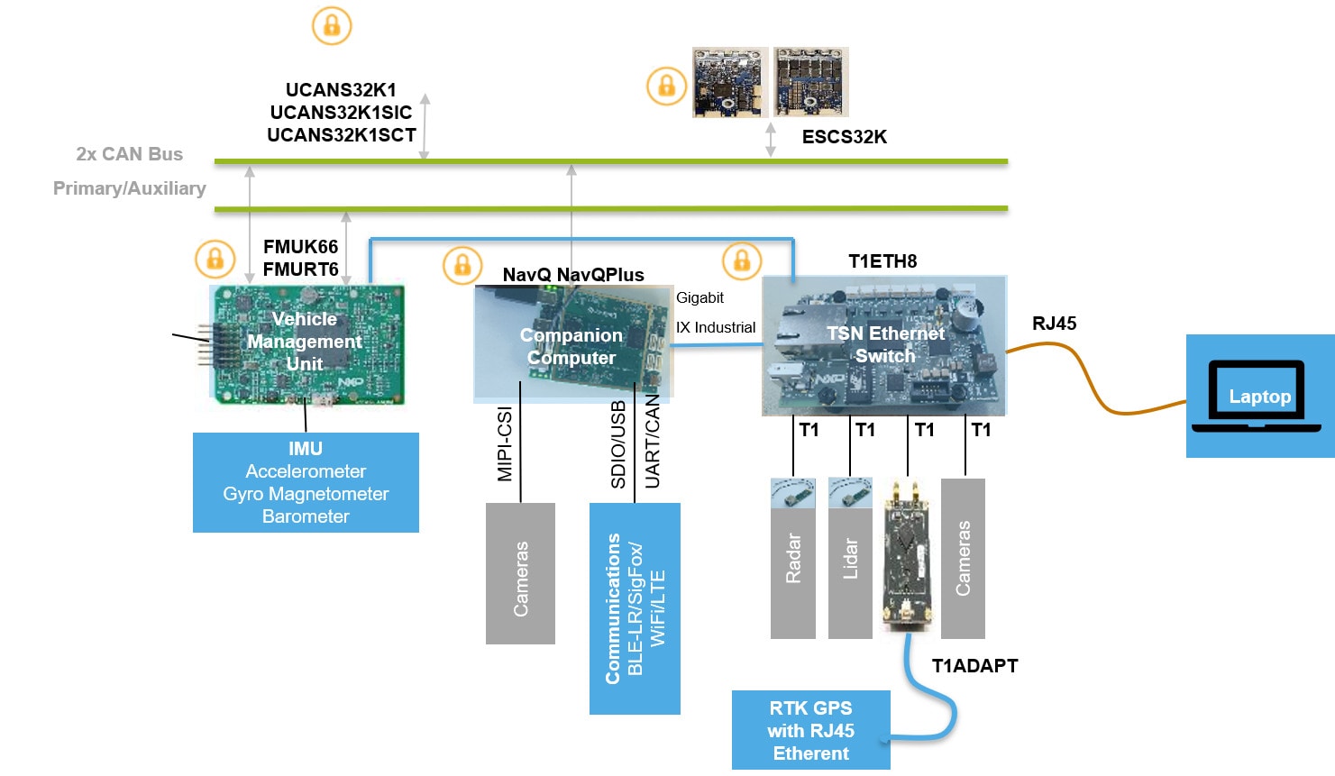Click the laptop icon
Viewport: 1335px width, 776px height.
click(1259, 397)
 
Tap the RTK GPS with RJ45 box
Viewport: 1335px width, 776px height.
click(810, 730)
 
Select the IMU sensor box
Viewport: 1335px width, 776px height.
click(306, 482)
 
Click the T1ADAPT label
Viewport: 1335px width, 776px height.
click(974, 666)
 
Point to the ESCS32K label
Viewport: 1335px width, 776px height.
click(845, 137)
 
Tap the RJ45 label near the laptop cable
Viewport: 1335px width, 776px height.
click(1054, 324)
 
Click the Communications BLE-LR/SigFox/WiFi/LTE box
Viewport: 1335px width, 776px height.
click(635, 608)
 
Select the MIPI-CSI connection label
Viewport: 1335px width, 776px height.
click(505, 444)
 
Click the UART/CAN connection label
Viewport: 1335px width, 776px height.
click(653, 442)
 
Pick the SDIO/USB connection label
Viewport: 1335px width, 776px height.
click(618, 445)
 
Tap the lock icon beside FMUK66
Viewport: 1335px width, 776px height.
click(215, 260)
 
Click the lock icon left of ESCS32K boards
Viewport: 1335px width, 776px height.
click(667, 87)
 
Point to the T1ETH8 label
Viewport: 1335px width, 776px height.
click(882, 261)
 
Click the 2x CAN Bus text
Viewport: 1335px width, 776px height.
click(129, 154)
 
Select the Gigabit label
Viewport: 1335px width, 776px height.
click(700, 298)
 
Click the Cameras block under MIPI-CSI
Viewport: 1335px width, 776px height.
click(520, 574)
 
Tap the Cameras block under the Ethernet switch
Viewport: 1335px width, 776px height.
click(963, 559)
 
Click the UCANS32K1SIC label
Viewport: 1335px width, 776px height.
click(341, 113)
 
